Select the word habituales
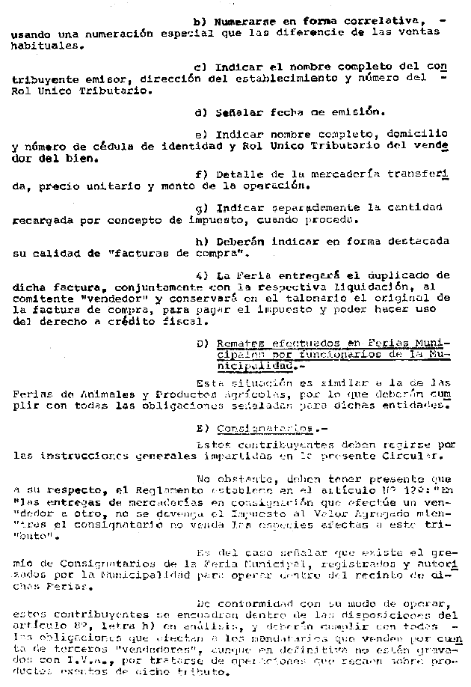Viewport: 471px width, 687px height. pos(43,45)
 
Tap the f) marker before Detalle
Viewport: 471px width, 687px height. pos(199,174)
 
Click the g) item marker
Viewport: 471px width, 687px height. pos(200,207)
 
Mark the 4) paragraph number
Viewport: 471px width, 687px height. pos(200,275)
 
